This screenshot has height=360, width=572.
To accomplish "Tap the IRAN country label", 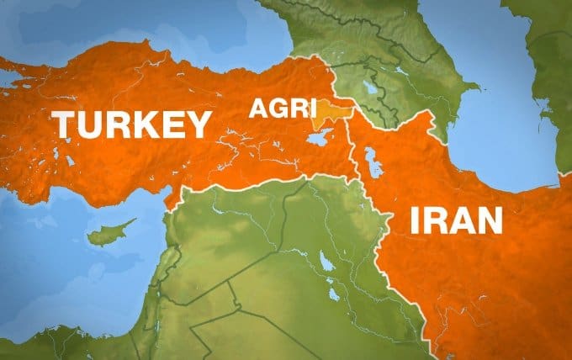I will [456, 220].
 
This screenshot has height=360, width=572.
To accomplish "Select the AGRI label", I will [283, 109].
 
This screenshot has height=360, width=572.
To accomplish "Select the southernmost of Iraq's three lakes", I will [334, 294].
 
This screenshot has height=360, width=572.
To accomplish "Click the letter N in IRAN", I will [487, 220].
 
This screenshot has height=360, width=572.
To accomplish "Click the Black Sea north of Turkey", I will [168, 25].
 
